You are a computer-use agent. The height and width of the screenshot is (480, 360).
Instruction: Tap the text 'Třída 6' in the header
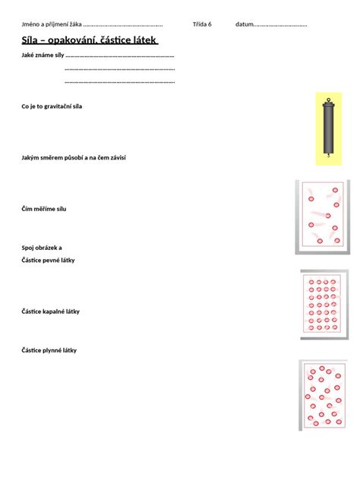202,24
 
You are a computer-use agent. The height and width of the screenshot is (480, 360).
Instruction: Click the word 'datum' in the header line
245,24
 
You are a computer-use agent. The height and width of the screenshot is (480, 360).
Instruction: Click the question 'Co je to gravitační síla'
52,106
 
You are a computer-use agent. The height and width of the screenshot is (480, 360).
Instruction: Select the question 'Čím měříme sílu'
49,208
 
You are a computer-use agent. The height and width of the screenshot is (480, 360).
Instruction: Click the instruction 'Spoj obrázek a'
42,248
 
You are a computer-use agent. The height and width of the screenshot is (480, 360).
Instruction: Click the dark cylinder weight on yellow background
328,129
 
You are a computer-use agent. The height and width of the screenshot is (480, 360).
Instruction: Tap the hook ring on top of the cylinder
328,100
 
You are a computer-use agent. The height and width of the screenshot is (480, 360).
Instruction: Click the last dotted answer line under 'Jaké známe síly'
120,81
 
